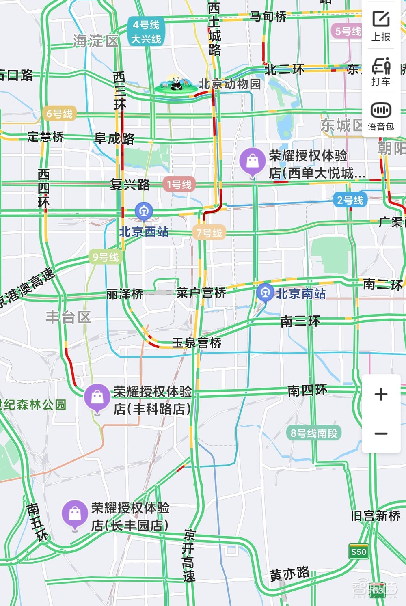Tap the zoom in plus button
[x=381, y=394]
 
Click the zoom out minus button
[x=381, y=433]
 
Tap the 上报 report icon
[x=381, y=25]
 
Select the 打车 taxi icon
[x=381, y=71]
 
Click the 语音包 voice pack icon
[x=381, y=116]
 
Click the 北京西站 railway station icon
[x=144, y=211]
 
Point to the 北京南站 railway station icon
[x=265, y=292]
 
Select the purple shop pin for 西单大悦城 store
[x=253, y=162]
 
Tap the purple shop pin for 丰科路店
[x=97, y=397]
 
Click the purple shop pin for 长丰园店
[x=75, y=513]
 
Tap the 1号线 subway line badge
[x=179, y=185]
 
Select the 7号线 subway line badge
[x=209, y=233]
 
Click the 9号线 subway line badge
[x=106, y=257]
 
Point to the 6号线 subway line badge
[x=59, y=114]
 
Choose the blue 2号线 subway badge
[x=350, y=200]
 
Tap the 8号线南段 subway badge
[x=314, y=433]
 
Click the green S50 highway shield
[x=359, y=552]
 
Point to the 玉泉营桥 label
[x=197, y=343]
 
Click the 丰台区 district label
[x=68, y=317]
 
